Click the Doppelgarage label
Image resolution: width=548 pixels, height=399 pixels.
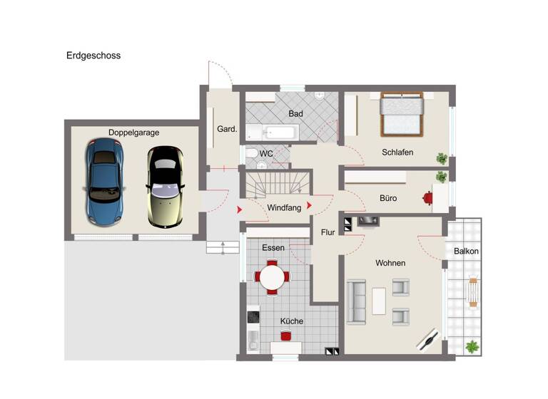pyautogui.click(x=133, y=133)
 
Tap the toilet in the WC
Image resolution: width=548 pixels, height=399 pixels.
pyautogui.click(x=252, y=154)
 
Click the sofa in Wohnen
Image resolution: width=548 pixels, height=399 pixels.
pyautogui.click(x=357, y=302)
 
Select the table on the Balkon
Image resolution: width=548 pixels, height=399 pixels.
pyautogui.click(x=472, y=291)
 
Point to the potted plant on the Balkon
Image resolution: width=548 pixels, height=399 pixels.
pyautogui.click(x=472, y=347)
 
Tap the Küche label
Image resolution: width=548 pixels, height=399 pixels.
pyautogui.click(x=291, y=321)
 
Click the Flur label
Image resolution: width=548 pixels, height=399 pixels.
pyautogui.click(x=328, y=232)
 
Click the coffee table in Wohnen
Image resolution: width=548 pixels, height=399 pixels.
pyautogui.click(x=379, y=301)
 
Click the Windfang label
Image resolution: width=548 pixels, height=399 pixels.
pyautogui.click(x=283, y=208)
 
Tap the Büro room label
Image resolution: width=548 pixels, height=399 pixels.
pyautogui.click(x=388, y=198)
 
